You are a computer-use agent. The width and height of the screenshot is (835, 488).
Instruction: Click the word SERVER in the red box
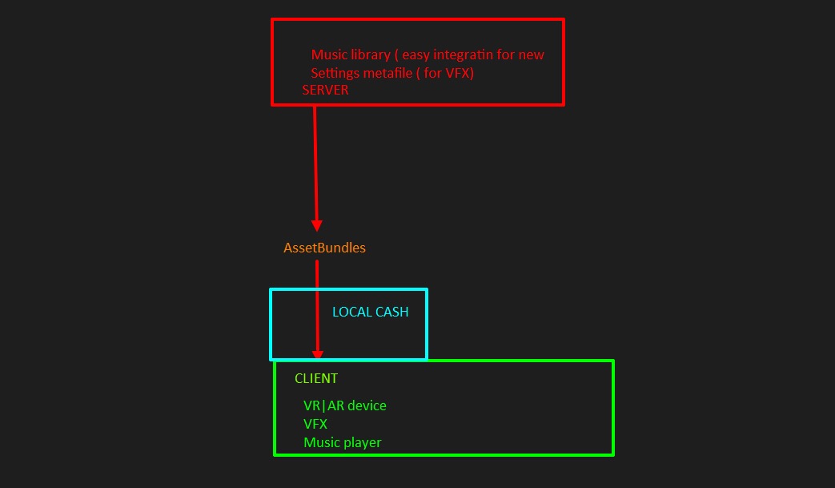325,91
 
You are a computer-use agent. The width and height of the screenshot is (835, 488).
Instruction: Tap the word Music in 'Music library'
328,55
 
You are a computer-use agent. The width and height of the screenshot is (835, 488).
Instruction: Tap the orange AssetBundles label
324,248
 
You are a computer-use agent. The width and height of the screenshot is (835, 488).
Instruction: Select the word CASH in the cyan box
391,312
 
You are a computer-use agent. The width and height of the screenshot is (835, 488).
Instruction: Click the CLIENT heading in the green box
316,378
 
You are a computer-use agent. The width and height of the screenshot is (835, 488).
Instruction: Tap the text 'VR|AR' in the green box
323,405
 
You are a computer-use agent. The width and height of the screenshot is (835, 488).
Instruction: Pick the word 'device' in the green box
367,405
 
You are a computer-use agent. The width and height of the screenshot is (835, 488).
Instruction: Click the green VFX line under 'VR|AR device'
315,424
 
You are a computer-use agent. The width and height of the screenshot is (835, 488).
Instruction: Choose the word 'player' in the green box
362,442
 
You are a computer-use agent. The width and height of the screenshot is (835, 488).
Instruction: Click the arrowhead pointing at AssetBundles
317,225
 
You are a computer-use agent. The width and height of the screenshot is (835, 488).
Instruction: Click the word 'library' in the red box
370,55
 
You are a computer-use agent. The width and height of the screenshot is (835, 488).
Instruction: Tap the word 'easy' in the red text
416,55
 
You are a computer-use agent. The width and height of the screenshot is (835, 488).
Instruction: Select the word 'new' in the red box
531,55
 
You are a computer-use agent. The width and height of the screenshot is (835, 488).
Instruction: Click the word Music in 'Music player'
320,442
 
